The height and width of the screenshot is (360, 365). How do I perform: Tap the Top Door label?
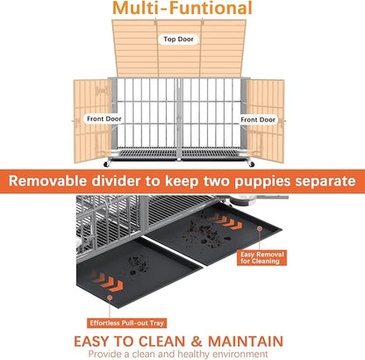pyautogui.click(x=182, y=40)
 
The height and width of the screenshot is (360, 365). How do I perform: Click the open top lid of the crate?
pyautogui.click(x=182, y=53)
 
